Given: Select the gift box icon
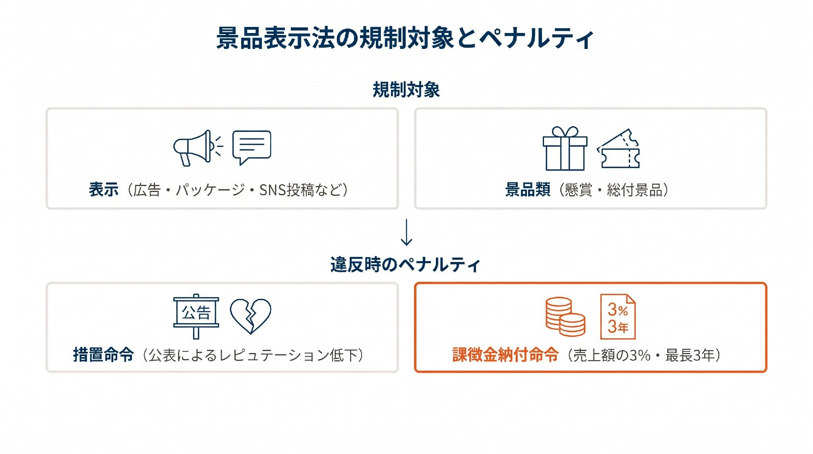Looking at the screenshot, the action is click(565, 148).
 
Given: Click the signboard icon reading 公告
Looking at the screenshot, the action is click(196, 316).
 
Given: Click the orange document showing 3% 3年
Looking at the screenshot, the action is click(617, 317).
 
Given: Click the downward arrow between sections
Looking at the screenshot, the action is click(406, 232).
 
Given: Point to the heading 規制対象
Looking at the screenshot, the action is click(406, 90).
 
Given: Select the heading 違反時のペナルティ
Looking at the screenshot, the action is click(405, 265).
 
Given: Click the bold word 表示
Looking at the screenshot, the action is click(104, 190).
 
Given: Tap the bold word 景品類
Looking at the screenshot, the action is click(528, 190).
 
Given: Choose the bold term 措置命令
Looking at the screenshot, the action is click(103, 355).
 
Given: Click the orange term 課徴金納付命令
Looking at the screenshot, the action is click(505, 355).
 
